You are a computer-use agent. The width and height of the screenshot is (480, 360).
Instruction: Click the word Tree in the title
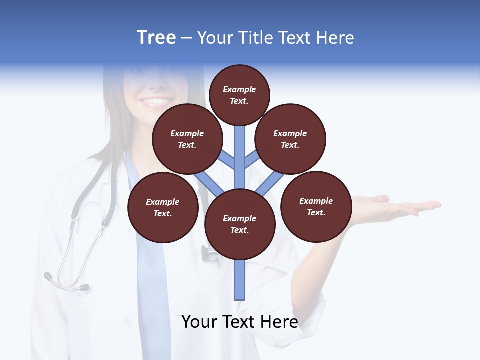coord(156,37)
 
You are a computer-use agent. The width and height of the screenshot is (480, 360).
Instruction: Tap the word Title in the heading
coord(255,38)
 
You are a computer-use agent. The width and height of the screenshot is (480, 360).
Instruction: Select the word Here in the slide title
coord(335,38)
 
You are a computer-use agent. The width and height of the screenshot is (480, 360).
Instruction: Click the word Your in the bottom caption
coord(199,322)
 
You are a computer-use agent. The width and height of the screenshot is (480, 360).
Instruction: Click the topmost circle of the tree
coord(239,95)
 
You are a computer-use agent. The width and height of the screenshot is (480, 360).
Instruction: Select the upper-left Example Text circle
coord(187,139)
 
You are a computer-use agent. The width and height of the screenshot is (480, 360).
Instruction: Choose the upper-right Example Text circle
coord(290,139)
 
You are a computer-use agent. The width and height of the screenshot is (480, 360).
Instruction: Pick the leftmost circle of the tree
coord(163,207)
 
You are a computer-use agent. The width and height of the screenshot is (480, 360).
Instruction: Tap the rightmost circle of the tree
coord(316,206)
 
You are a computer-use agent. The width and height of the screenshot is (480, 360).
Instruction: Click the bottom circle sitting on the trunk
coord(240,224)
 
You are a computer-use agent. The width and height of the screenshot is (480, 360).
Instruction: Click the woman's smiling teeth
coord(156,101)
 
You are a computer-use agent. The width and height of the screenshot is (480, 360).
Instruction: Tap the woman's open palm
coord(395,206)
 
